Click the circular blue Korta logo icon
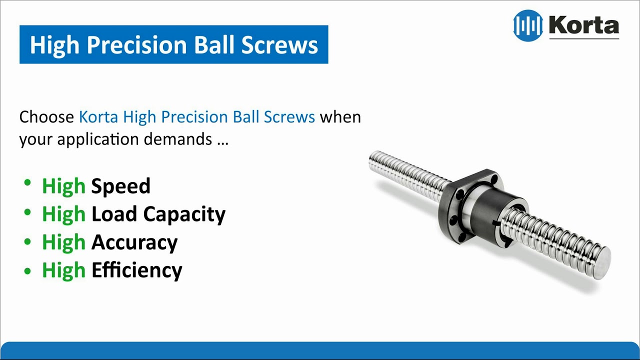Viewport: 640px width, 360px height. tap(528, 25)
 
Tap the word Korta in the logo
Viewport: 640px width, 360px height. tap(584, 25)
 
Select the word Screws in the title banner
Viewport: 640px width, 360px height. tap(279, 45)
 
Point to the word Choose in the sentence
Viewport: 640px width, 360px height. tap(47, 117)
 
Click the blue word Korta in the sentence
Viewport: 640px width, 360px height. tap(98, 117)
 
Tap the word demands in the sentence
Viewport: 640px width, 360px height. tap(177, 139)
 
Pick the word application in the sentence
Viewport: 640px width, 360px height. tap(97, 140)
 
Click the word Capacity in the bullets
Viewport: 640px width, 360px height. tap(184, 215)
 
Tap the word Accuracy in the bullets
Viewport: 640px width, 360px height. tap(134, 243)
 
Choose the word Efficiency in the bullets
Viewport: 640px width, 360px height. tap(137, 270)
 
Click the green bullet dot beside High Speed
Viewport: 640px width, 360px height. tap(27, 183)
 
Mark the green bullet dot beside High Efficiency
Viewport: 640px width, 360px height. tap(27, 271)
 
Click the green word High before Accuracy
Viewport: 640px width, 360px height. tap(63, 243)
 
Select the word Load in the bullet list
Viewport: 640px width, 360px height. tap(114, 214)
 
